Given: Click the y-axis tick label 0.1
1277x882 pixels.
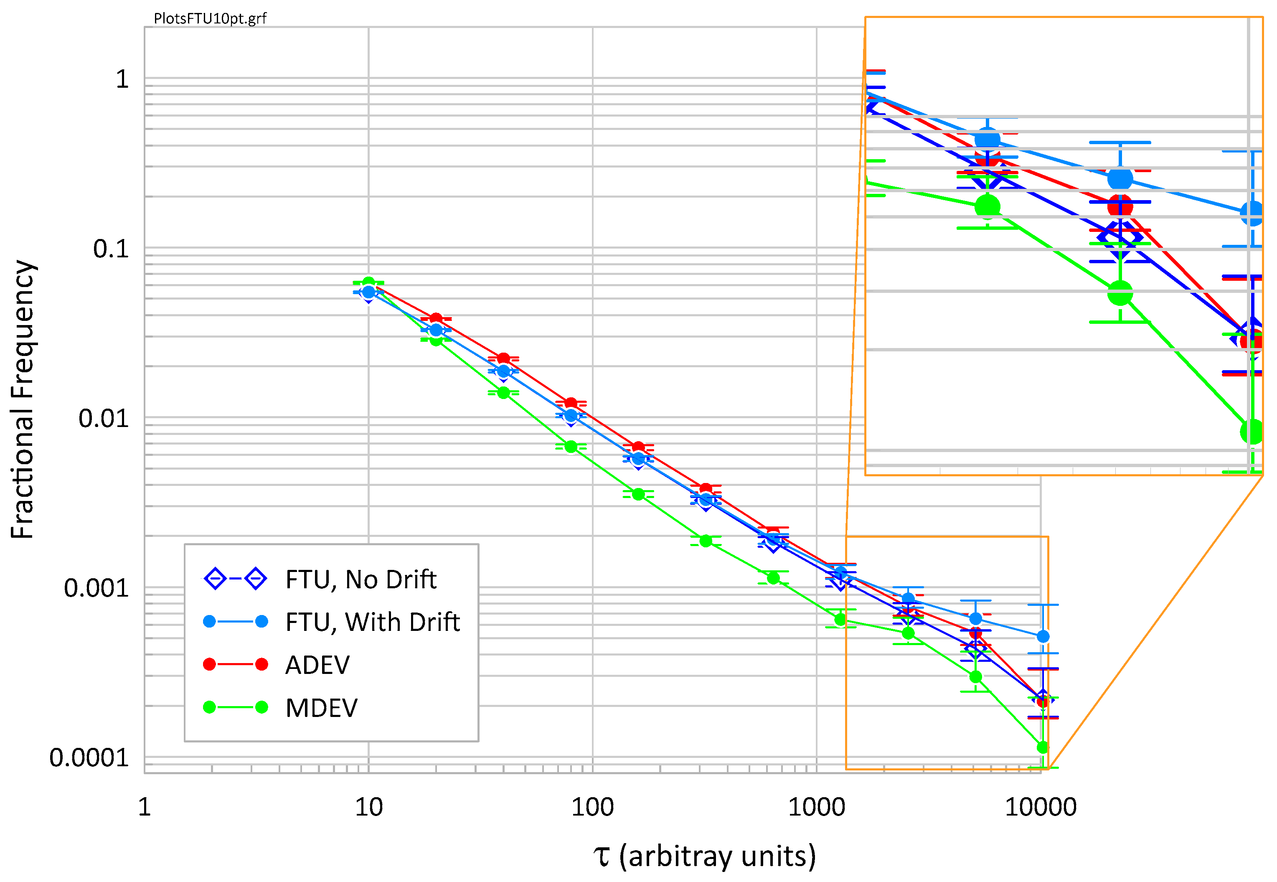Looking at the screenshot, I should (x=111, y=249).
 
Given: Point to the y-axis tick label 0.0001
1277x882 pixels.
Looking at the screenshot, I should (x=89, y=757).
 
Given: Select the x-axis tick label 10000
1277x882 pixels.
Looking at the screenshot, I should (x=1040, y=808).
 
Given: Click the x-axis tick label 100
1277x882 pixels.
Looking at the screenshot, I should (x=592, y=808).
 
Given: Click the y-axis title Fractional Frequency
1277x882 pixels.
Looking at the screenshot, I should (x=23, y=399).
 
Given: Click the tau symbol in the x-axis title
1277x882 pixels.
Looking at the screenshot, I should (x=602, y=857).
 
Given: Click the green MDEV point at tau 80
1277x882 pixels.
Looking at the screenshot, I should (x=571, y=447).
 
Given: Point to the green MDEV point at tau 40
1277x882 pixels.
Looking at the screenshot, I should (x=503, y=393).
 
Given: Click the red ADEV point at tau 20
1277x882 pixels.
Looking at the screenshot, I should (x=436, y=319).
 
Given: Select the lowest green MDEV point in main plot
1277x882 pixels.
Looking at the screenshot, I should (x=1042, y=748).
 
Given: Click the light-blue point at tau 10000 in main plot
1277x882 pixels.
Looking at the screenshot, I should (x=1042, y=637).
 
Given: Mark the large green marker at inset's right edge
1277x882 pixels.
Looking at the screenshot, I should (x=1252, y=432).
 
